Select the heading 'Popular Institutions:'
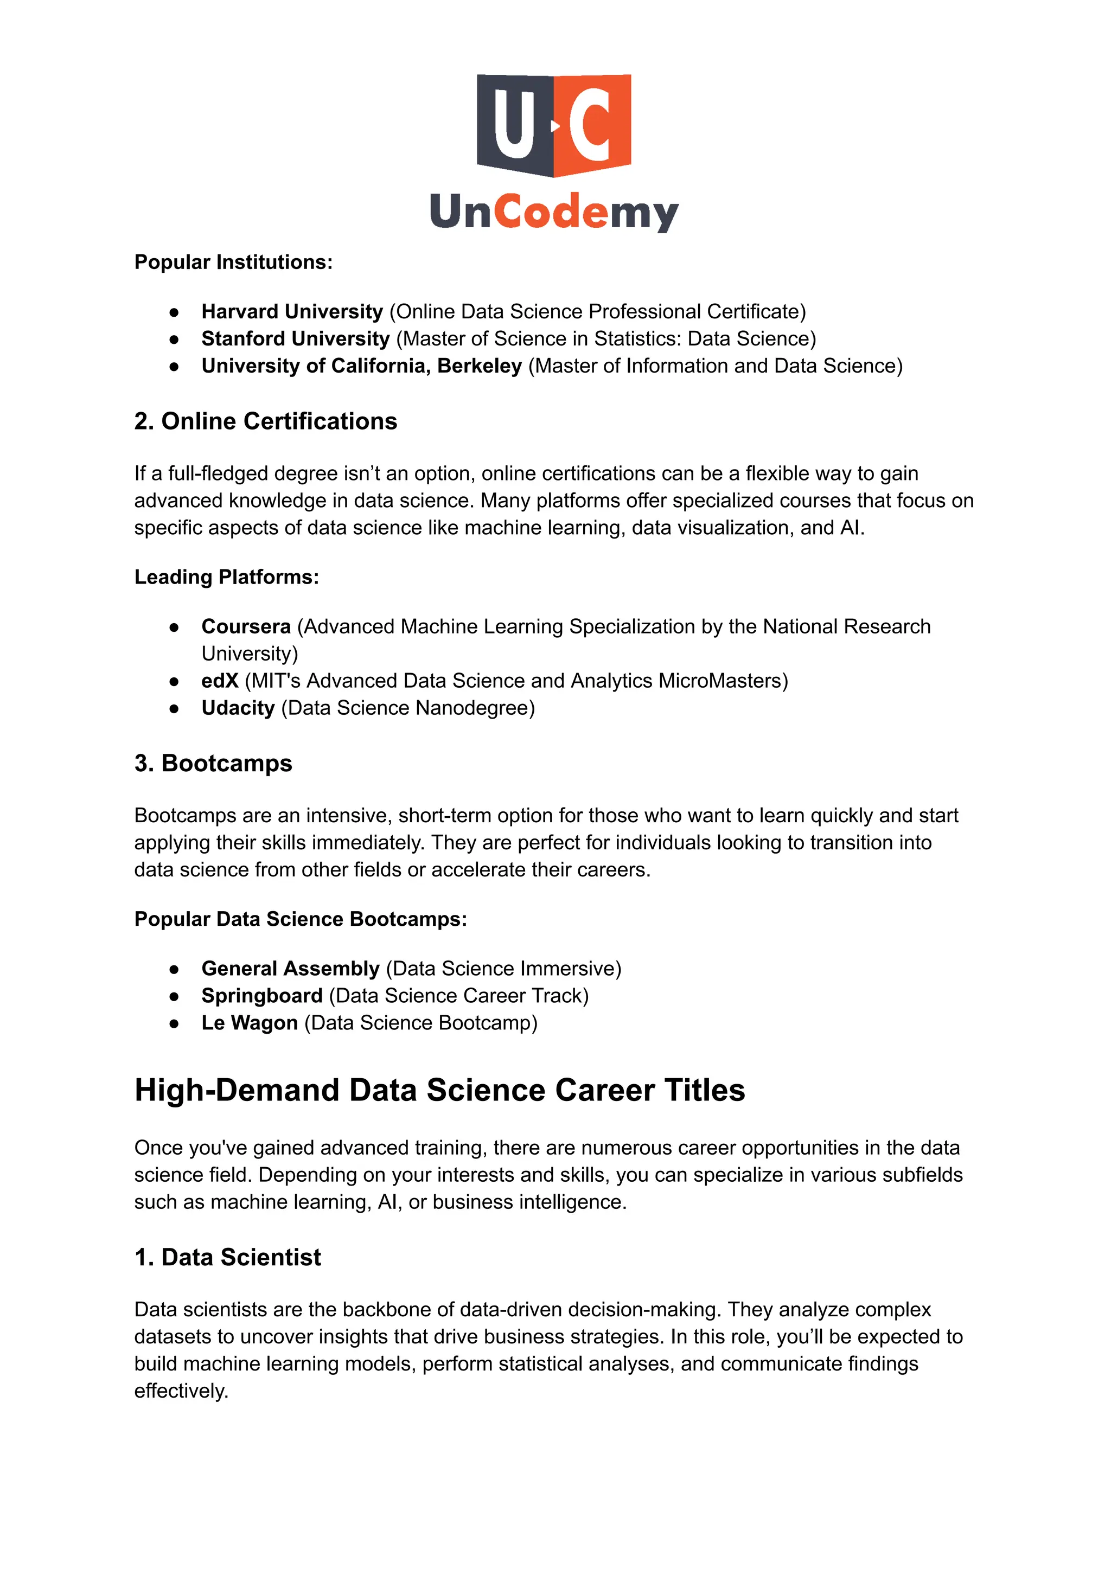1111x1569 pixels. click(233, 262)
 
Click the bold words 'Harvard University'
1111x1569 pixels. click(292, 312)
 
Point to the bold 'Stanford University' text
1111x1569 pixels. click(296, 338)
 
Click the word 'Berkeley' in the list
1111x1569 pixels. click(480, 366)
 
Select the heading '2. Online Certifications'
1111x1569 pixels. click(265, 421)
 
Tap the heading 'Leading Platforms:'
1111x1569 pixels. click(226, 577)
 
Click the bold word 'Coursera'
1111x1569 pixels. click(246, 626)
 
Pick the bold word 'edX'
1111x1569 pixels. click(220, 681)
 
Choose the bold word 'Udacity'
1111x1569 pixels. click(238, 708)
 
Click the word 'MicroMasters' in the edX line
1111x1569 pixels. click(723, 681)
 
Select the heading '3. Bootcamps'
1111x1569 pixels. click(213, 763)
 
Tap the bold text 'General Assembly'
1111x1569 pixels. click(290, 969)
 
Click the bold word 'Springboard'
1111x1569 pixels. click(262, 996)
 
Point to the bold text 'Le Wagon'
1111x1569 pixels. click(250, 1023)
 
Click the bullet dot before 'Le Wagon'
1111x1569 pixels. click(175, 1024)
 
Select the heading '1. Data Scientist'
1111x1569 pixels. click(228, 1257)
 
